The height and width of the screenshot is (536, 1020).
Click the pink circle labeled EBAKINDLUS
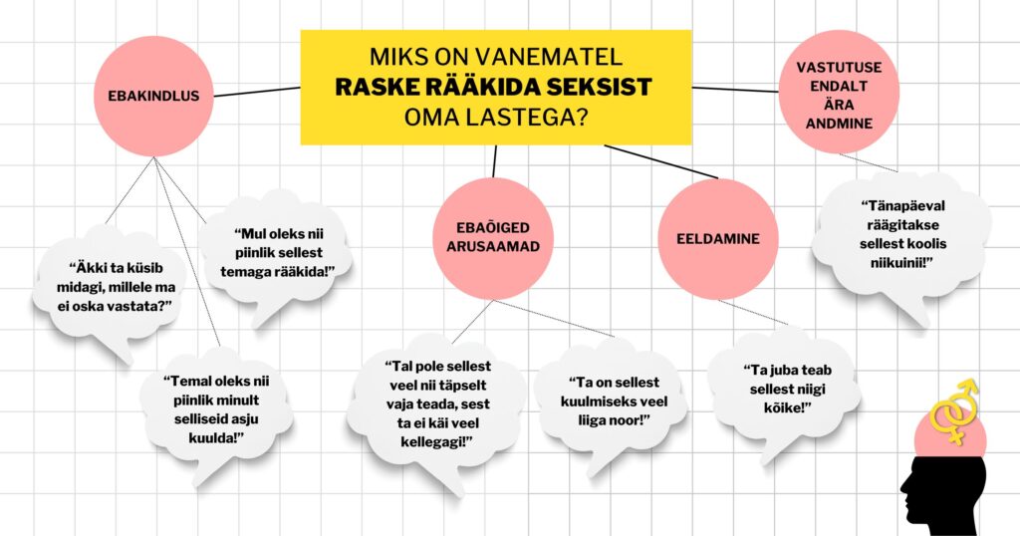tap(153, 96)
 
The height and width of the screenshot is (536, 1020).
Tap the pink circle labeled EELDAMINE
tap(717, 239)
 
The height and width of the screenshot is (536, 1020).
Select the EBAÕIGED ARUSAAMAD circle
tap(493, 238)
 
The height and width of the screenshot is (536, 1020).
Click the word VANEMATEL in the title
tap(556, 57)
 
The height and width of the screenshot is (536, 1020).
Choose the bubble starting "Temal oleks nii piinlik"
tap(216, 409)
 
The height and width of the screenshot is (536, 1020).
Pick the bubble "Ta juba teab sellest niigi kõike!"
tap(785, 389)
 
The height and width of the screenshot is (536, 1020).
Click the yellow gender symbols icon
tap(955, 410)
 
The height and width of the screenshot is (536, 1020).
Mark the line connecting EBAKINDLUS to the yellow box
tap(257, 92)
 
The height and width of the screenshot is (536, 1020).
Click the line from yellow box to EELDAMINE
tap(661, 161)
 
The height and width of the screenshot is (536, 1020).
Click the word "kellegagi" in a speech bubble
tap(436, 442)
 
